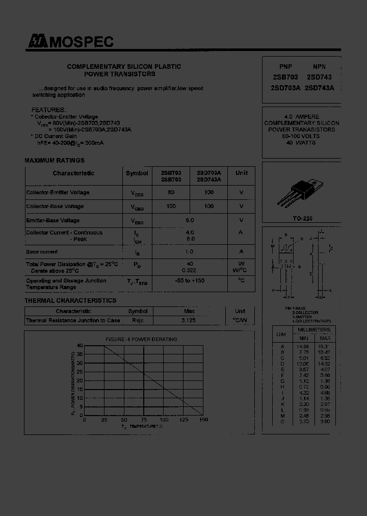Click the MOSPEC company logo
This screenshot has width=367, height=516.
coord(70,42)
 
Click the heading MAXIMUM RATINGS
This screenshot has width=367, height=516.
coord(55,161)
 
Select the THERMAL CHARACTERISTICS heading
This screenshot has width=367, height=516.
coord(70,301)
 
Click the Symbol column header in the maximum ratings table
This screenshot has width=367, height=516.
coord(137,173)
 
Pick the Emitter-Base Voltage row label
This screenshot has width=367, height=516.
coord(53,220)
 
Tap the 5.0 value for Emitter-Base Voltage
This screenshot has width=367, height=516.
coord(190,220)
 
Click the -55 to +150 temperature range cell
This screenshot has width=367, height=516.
coord(190,281)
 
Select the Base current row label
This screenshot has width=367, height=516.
coord(42,252)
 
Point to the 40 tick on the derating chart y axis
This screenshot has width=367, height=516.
coord(80,346)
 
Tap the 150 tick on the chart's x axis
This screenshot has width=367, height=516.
coord(203,420)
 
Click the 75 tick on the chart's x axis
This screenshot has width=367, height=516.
coord(144,420)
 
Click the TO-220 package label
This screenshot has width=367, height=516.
coord(303,218)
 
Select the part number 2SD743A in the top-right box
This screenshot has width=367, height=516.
coord(319,88)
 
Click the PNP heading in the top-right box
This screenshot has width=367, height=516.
coord(286,67)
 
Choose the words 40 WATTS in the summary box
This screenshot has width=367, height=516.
coord(301,143)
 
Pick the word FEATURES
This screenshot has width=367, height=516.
coord(48,110)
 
